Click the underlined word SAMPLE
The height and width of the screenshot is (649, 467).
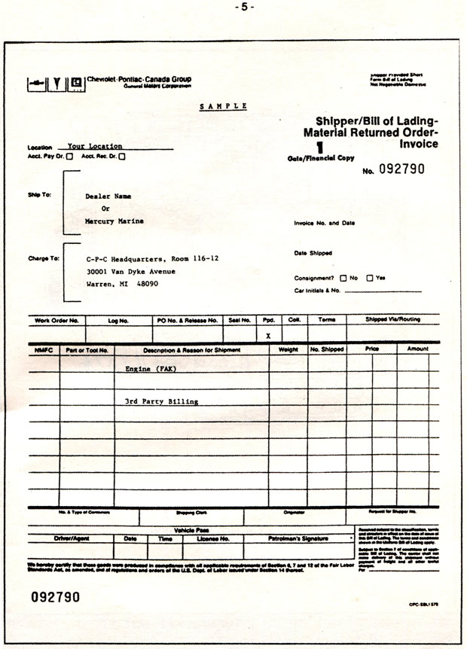click(x=223, y=107)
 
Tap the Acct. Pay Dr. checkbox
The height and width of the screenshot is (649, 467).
click(x=70, y=157)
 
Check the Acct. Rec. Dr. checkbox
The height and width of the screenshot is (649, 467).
click(x=122, y=157)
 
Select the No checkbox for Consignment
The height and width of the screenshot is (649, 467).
click(x=343, y=278)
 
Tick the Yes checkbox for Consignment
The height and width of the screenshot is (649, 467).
click(x=369, y=278)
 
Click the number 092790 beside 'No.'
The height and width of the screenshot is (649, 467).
click(x=402, y=169)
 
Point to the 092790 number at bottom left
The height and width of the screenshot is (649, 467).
click(x=55, y=597)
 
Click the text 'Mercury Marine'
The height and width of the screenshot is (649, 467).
click(x=114, y=221)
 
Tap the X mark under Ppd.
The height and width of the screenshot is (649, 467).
click(x=268, y=336)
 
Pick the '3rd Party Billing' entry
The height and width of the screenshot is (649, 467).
click(x=161, y=401)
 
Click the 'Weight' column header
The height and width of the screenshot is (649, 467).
click(x=288, y=350)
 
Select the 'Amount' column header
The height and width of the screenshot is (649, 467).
click(x=418, y=349)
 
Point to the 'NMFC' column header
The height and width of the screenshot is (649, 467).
click(x=42, y=350)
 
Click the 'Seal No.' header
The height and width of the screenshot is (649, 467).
click(x=240, y=320)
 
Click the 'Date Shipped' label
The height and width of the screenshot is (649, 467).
click(x=313, y=253)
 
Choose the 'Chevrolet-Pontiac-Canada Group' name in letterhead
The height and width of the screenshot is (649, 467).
click(x=139, y=79)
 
